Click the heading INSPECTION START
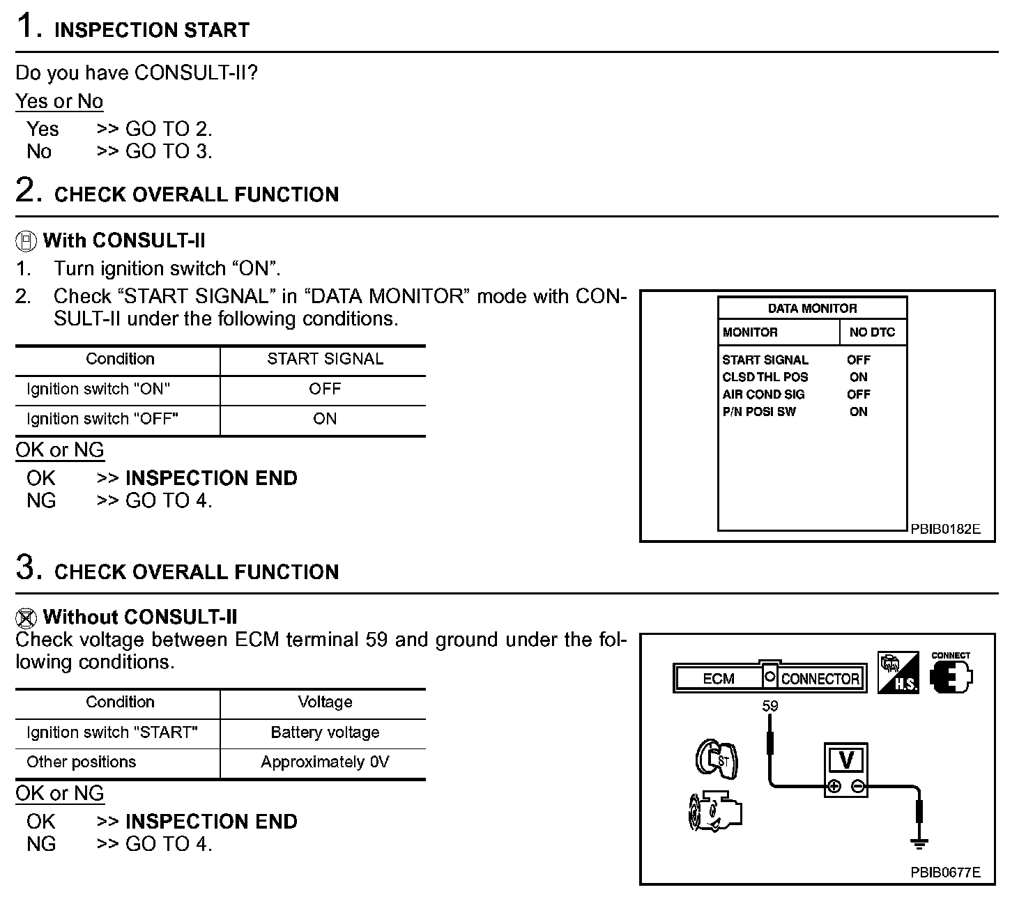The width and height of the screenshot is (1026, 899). click(151, 30)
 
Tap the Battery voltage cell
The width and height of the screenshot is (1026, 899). click(325, 732)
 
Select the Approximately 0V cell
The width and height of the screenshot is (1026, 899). click(325, 762)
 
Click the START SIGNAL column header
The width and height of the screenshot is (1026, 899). click(325, 359)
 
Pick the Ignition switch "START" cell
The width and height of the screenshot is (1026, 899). click(112, 732)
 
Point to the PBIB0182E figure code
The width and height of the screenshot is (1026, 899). click(945, 529)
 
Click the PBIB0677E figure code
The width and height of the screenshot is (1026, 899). click(945, 873)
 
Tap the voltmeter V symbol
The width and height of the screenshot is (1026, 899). click(846, 760)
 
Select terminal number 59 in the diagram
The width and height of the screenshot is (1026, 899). click(769, 706)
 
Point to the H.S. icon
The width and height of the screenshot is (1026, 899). click(898, 673)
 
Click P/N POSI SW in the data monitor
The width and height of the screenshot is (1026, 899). click(759, 412)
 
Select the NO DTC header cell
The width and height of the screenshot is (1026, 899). click(872, 332)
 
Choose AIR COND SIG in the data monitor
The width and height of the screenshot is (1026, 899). click(763, 394)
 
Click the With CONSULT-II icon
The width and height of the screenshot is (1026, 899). click(26, 242)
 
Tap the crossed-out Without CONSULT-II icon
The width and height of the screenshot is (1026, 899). click(26, 618)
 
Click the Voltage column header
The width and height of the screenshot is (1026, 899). click(325, 702)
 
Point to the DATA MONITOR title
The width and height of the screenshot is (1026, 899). click(812, 309)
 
